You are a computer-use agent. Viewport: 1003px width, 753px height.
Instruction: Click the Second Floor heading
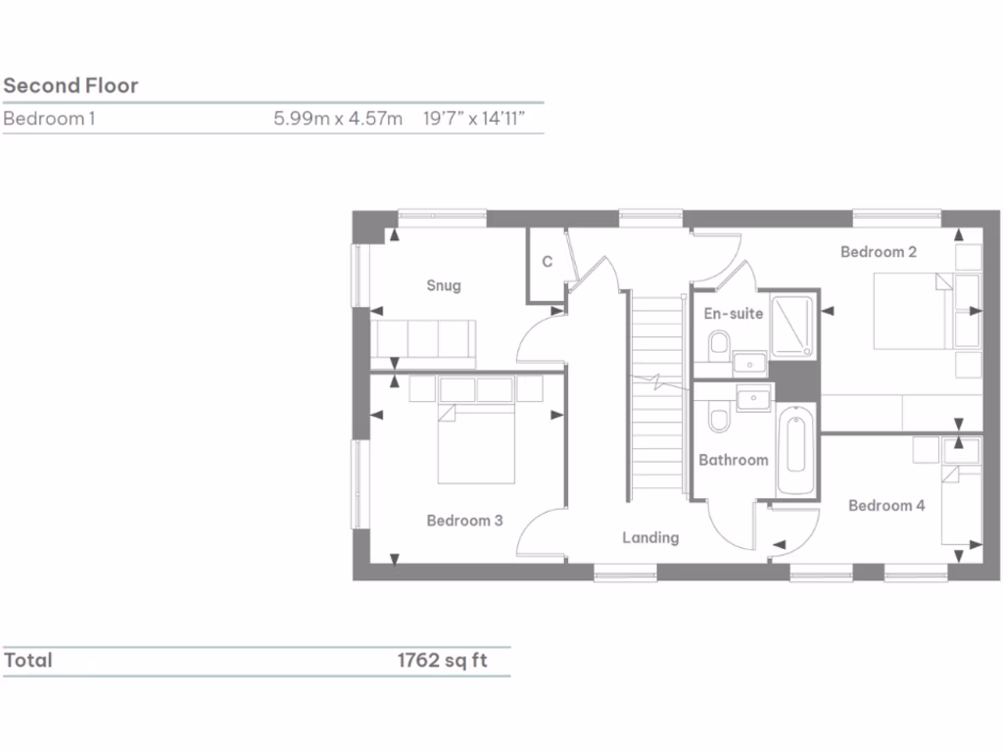[x=71, y=85]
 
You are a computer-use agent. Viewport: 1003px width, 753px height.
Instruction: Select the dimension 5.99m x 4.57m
[x=338, y=120]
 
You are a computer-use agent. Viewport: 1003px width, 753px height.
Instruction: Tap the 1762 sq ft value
[x=441, y=661]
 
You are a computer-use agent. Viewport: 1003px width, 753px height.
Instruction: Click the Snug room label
[x=443, y=286]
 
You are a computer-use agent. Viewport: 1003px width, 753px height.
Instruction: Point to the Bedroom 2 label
[x=879, y=252]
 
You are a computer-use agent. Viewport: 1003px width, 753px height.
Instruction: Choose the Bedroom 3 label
[x=464, y=521]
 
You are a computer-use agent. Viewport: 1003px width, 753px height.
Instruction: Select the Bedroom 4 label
[x=885, y=506]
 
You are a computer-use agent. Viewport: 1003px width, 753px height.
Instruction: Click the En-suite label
[x=734, y=314]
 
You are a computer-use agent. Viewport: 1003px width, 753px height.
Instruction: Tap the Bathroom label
[x=733, y=460]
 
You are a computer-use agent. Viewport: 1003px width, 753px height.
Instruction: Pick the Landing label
[x=650, y=537]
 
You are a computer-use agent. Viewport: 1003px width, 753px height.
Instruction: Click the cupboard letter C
[x=548, y=262]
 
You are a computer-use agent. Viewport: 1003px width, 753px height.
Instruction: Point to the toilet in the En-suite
[x=717, y=344]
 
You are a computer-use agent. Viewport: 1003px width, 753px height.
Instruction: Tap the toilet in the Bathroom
[x=717, y=420]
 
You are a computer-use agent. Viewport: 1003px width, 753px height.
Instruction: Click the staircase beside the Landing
[x=656, y=392]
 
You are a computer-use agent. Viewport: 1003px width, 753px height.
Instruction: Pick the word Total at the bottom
[x=27, y=661]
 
